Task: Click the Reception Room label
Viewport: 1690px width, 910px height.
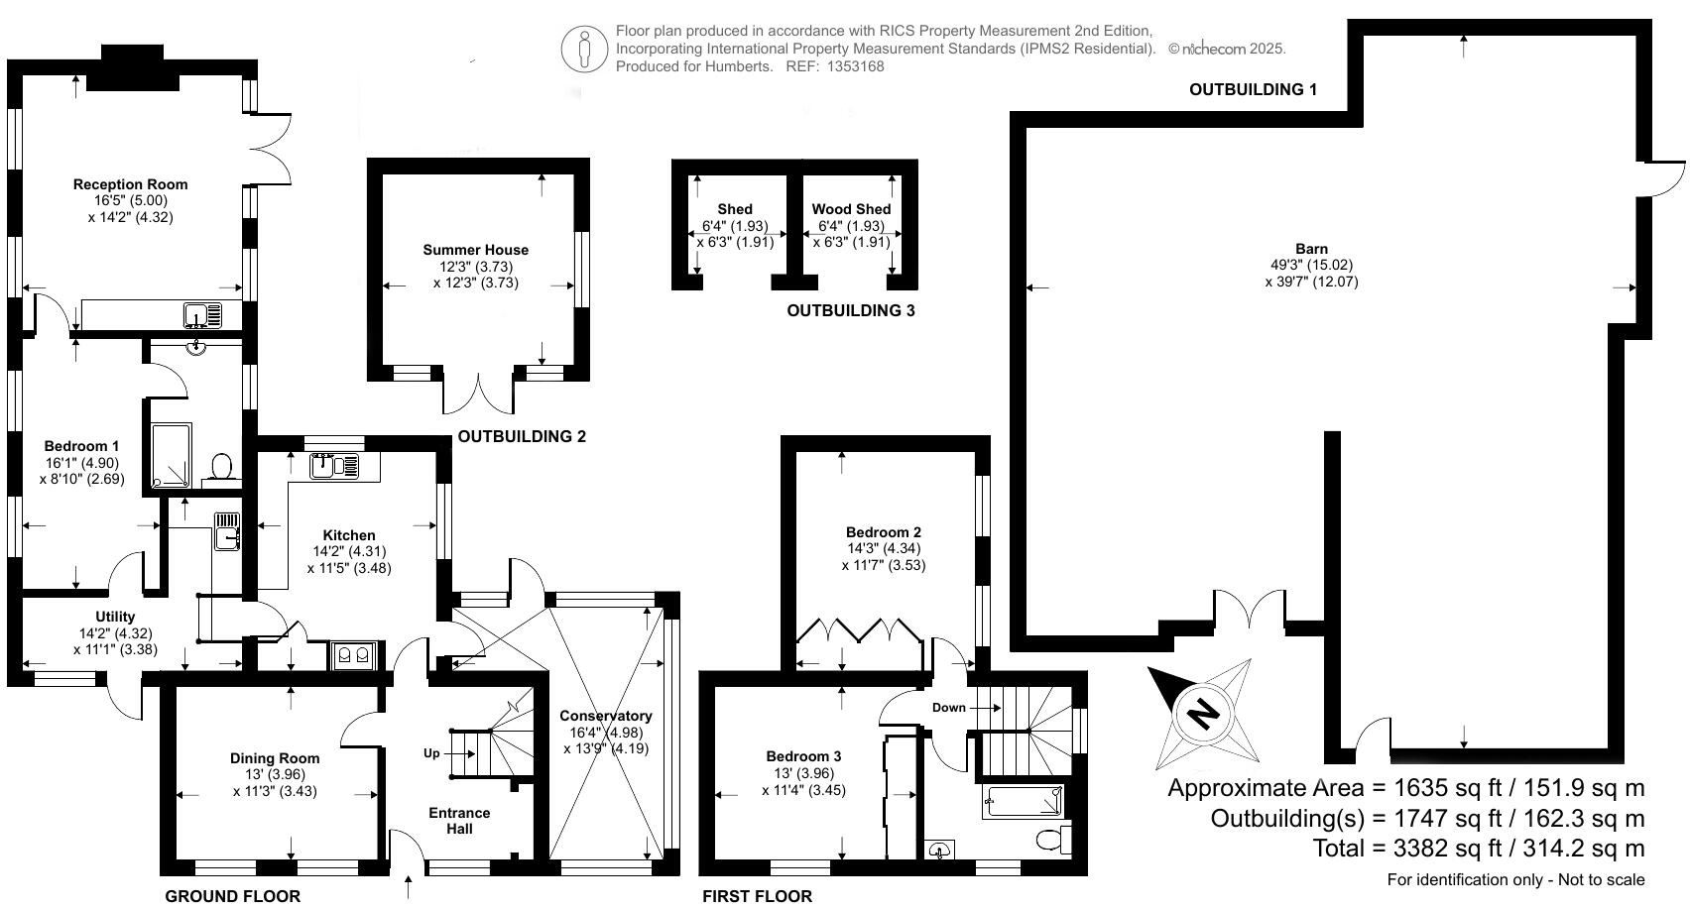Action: coord(130,184)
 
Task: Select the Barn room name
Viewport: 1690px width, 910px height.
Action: coord(1311,249)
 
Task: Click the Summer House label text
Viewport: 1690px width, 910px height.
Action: coord(475,250)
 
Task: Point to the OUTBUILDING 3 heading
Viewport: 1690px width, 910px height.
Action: coord(850,310)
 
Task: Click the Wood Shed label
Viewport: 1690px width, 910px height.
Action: coord(851,209)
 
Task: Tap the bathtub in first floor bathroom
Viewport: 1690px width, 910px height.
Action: coord(1023,801)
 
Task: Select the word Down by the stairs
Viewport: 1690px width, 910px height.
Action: coord(948,708)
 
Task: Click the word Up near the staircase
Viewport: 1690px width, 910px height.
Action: coord(431,753)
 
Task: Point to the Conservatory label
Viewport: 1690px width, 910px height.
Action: coord(605,716)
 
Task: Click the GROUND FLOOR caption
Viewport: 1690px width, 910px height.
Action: coord(232,896)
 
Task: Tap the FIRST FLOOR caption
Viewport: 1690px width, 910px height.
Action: coord(757,896)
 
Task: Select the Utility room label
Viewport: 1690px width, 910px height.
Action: coord(115,617)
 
